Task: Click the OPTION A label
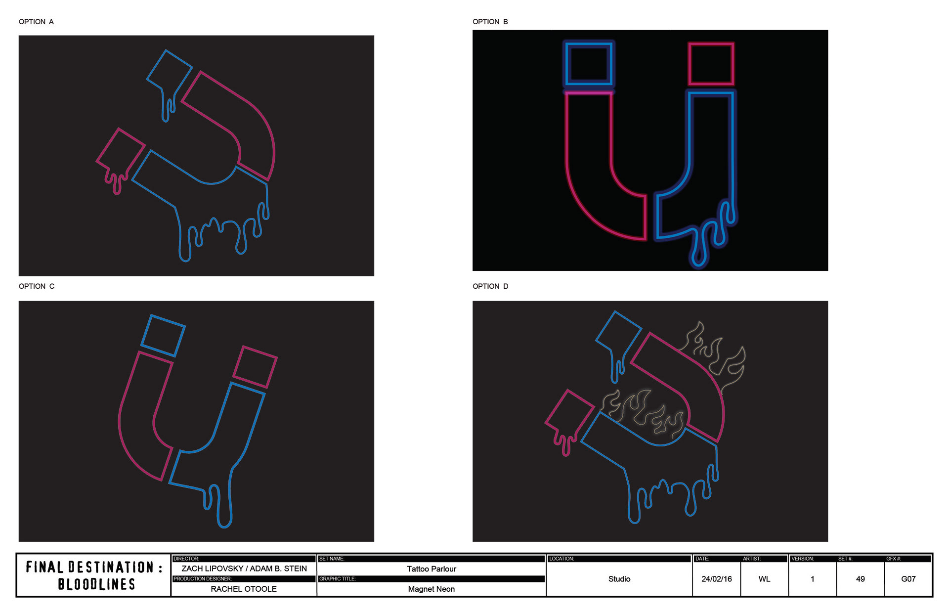(36, 22)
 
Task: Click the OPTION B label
(490, 22)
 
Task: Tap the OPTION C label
(37, 286)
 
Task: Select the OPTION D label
(490, 286)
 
